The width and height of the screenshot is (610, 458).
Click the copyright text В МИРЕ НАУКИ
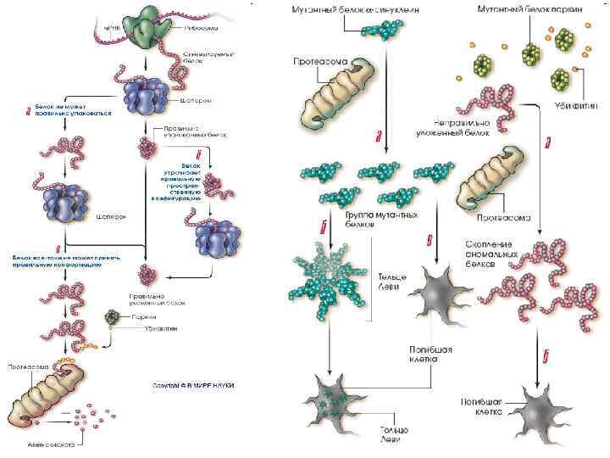pyautogui.click(x=192, y=385)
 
